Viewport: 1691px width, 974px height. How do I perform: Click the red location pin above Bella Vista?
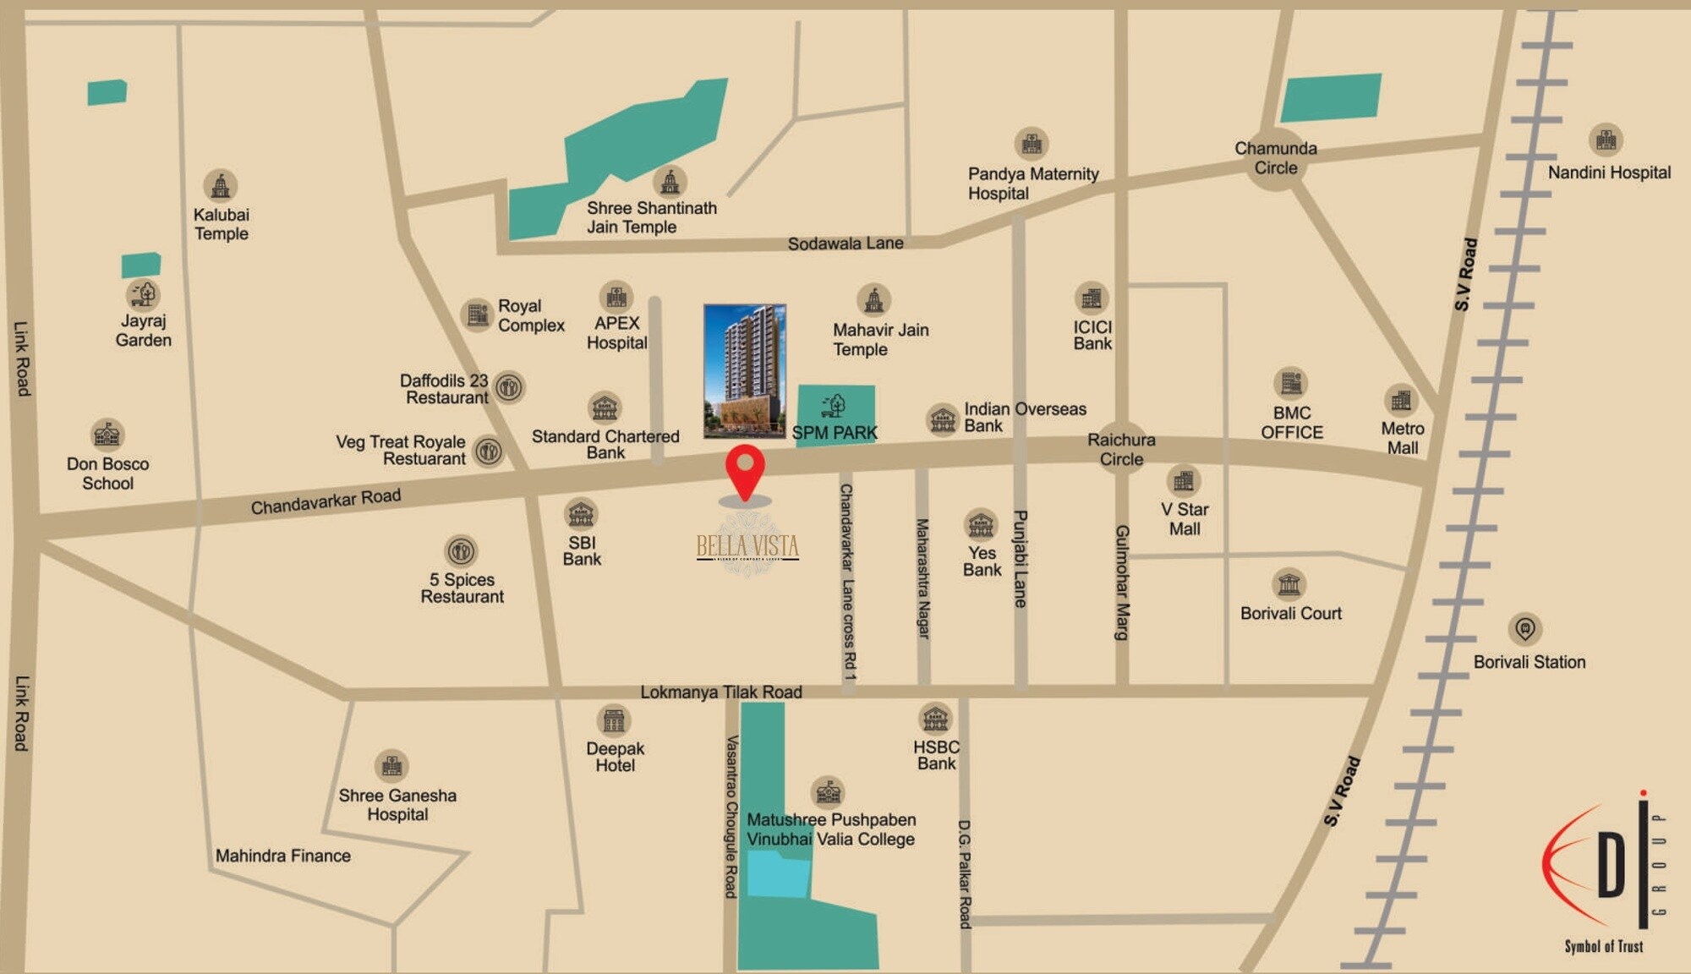pos(745,470)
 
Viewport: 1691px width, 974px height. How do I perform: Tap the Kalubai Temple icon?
pos(221,185)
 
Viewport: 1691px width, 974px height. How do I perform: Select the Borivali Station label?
pos(1529,662)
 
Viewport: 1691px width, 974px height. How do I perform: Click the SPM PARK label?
pos(835,433)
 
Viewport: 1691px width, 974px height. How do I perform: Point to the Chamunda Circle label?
pos(1275,158)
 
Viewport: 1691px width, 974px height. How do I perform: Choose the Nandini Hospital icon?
pos(1606,140)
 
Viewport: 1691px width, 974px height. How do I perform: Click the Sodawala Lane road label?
pos(845,243)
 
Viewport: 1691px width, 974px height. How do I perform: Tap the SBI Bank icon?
pos(581,513)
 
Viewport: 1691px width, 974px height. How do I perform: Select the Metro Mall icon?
pos(1401,400)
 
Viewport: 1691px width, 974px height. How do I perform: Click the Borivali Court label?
pos(1290,613)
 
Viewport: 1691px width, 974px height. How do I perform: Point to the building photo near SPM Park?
pos(745,371)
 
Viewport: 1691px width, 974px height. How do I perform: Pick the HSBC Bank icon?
pos(935,719)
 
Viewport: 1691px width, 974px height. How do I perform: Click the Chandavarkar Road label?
pos(326,501)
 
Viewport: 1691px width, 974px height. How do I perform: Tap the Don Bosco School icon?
pos(107,435)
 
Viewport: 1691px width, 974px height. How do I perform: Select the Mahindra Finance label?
pos(282,856)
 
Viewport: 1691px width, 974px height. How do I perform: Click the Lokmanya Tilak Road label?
pos(720,692)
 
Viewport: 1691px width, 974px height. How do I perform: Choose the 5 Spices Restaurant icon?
pos(461,551)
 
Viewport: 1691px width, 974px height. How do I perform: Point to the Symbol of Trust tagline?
pos(1603,946)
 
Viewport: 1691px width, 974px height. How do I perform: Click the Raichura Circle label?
pos(1121,449)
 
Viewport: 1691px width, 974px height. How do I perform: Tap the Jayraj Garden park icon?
pos(144,294)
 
